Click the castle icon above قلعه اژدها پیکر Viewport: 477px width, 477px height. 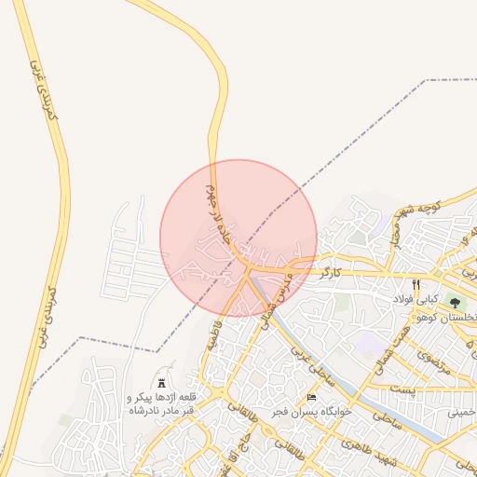point(161,383)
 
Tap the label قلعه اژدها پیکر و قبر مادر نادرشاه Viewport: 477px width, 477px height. point(161,403)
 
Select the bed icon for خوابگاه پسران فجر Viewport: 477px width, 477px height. point(311,398)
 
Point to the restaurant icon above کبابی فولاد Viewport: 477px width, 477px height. point(416,285)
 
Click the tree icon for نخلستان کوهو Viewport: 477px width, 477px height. point(455,303)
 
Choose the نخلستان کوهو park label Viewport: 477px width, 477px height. point(450,318)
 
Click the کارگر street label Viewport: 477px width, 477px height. point(331,274)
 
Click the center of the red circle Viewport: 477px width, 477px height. point(238,238)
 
